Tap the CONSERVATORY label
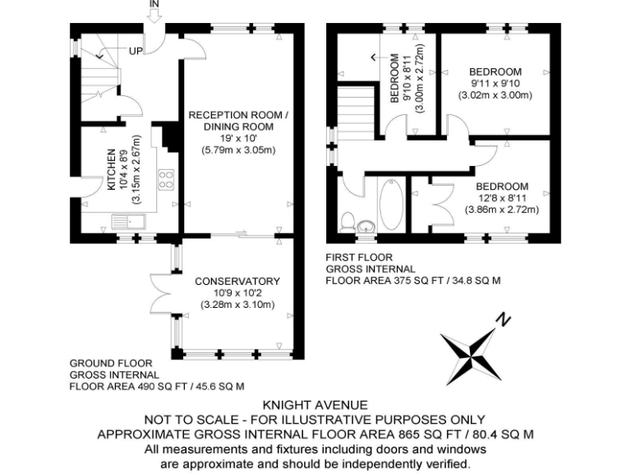[237, 281]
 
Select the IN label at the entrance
[154, 5]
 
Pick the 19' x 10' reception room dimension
[237, 139]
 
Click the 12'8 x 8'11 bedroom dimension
[501, 198]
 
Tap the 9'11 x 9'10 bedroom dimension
[495, 83]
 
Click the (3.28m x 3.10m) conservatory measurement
[237, 305]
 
